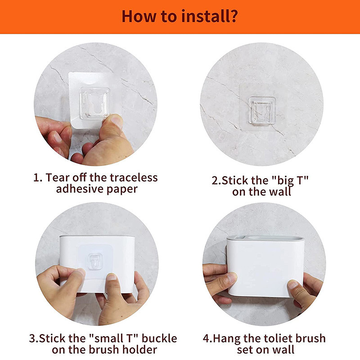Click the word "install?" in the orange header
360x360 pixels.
pos(209,16)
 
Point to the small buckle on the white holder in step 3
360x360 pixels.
pos(95,261)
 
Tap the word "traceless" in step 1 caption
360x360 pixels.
pos(134,178)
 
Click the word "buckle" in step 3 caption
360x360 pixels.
pos(159,338)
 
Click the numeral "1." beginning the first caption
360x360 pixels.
pos(38,178)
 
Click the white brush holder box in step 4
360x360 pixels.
pos(265,266)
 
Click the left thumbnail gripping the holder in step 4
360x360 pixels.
pos(232,277)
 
